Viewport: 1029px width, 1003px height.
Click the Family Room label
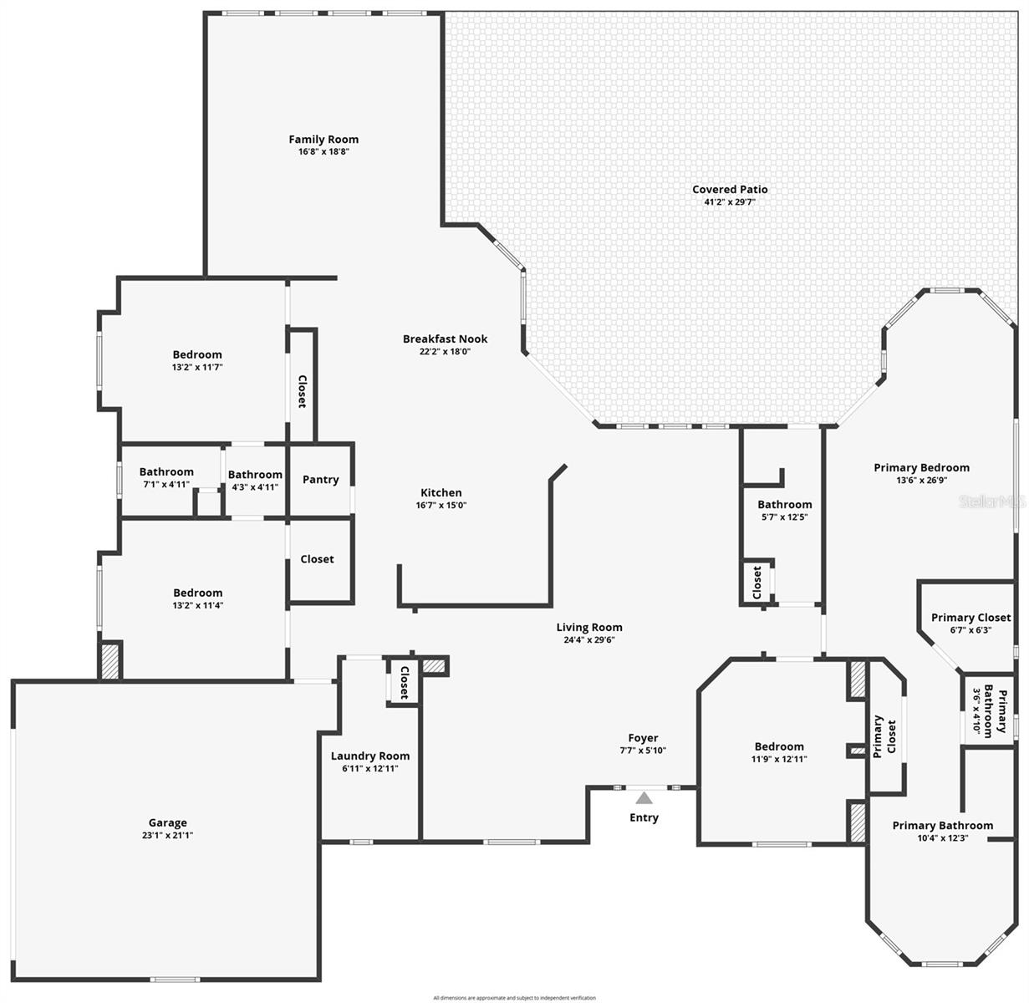pyautogui.click(x=323, y=140)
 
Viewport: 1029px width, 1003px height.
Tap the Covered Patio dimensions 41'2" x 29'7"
pyautogui.click(x=730, y=202)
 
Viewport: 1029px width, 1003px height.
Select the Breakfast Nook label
pyautogui.click(x=445, y=339)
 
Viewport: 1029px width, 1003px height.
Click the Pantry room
pyautogui.click(x=320, y=480)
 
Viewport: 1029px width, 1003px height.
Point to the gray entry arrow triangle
pyautogui.click(x=644, y=798)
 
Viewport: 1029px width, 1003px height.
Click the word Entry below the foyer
pyautogui.click(x=644, y=817)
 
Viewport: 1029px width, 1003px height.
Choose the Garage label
pyautogui.click(x=167, y=822)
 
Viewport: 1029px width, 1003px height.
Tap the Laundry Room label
pyautogui.click(x=370, y=756)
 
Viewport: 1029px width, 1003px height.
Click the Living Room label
pyautogui.click(x=589, y=627)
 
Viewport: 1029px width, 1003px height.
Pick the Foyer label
pyautogui.click(x=643, y=738)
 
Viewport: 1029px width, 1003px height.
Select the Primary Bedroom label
pyautogui.click(x=921, y=468)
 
